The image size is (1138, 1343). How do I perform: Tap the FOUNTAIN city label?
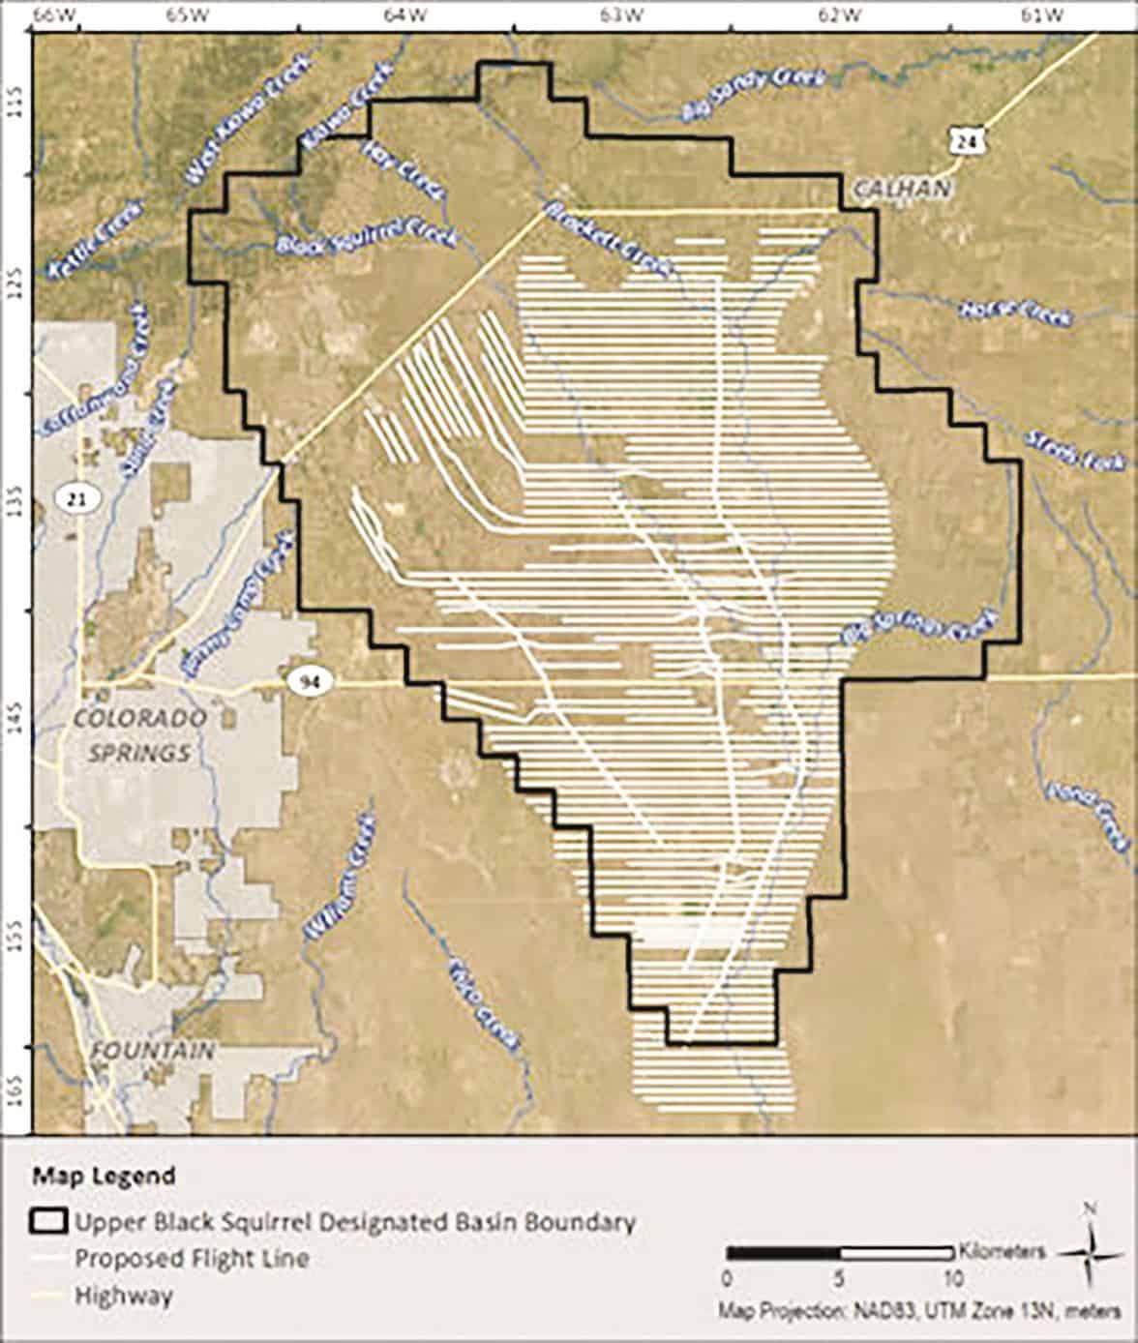[x=152, y=1051]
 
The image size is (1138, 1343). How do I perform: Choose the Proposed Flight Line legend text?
[x=192, y=1259]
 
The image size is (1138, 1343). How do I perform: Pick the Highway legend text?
[x=124, y=1296]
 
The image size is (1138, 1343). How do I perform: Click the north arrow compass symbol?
[x=1090, y=1251]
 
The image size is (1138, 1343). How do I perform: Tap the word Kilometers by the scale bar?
[x=1003, y=1250]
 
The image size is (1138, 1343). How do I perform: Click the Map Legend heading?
[x=105, y=1177]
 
